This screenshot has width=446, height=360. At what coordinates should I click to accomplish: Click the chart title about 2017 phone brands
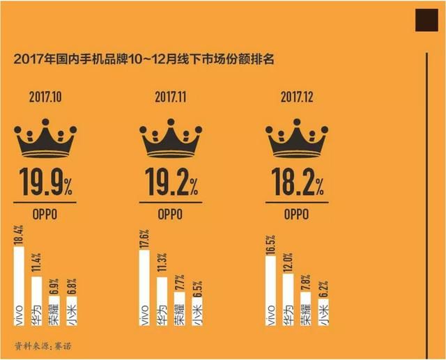(144, 59)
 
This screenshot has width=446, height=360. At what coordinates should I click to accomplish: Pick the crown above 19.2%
(171, 137)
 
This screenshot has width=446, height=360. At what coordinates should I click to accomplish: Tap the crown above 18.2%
(295, 137)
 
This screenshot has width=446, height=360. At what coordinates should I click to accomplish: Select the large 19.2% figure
(171, 184)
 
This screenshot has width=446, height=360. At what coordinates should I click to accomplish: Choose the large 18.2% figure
(295, 184)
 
